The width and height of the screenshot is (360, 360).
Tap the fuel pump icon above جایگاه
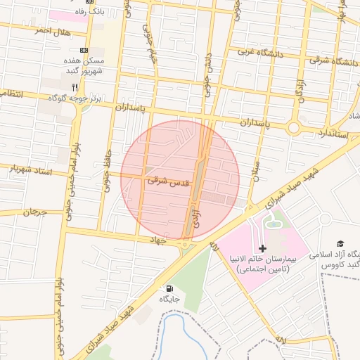pos(169,288)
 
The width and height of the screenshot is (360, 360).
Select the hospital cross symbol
pos(262,248)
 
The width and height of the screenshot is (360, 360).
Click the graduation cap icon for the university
pos(340,243)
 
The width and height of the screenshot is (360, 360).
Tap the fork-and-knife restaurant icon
pos(75,86)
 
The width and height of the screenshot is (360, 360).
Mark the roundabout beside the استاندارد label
pos(294,127)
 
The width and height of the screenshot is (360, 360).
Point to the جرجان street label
pos(34,211)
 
